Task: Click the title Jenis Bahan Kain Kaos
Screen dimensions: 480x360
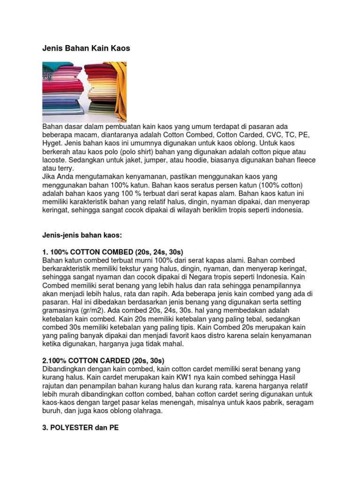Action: click(86, 48)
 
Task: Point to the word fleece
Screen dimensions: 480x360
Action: click(304, 160)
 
